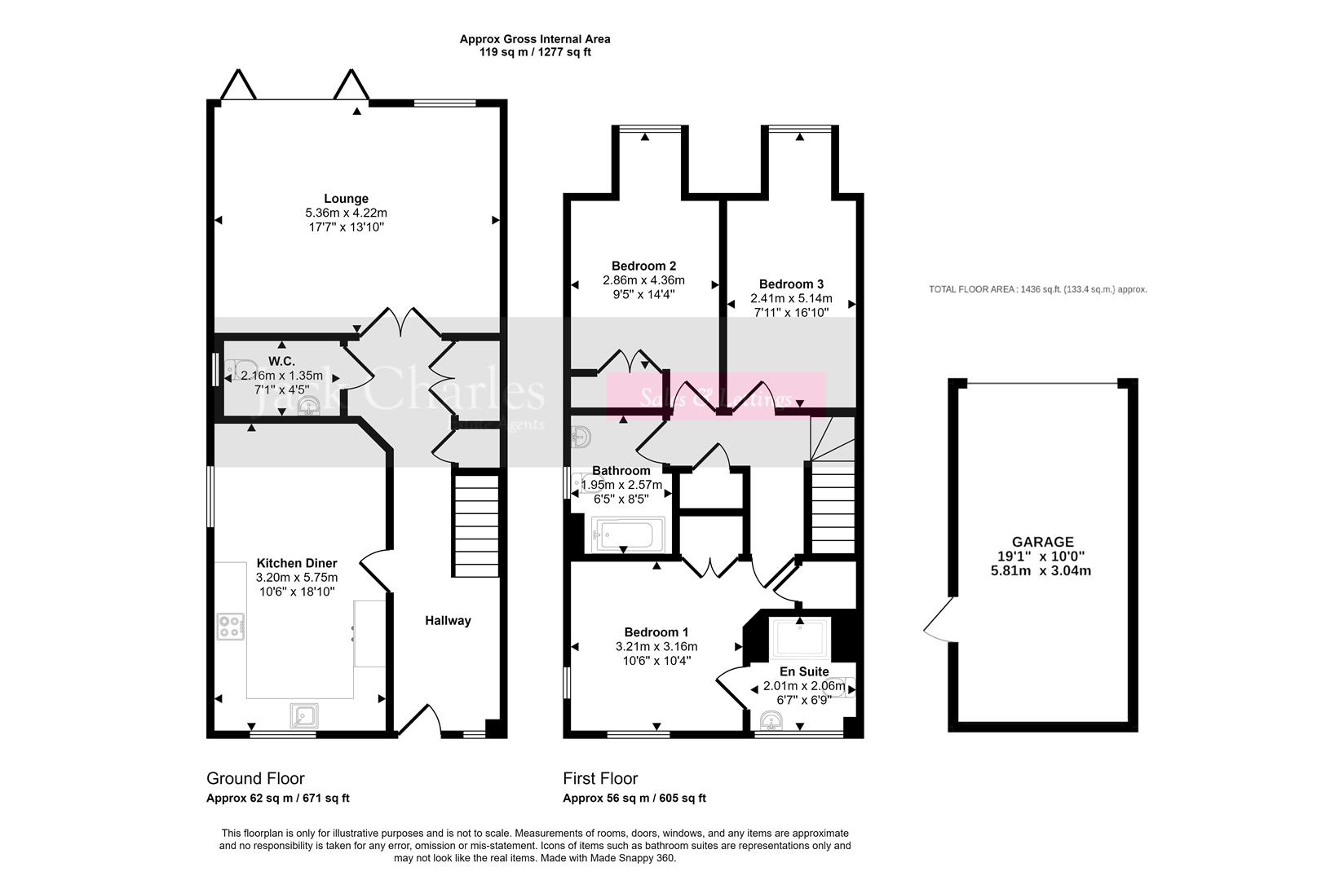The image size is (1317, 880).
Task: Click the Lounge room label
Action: click(x=346, y=199)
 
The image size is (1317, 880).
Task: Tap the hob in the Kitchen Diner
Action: click(x=231, y=626)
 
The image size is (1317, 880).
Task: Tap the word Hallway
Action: click(x=448, y=621)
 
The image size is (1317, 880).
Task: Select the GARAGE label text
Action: click(x=1042, y=542)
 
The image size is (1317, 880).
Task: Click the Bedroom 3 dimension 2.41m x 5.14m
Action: click(x=791, y=299)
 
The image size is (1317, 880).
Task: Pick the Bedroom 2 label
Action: click(x=643, y=266)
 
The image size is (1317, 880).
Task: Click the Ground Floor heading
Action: click(x=255, y=778)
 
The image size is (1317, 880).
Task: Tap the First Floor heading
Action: click(x=600, y=778)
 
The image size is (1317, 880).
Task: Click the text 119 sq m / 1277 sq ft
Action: click(x=535, y=52)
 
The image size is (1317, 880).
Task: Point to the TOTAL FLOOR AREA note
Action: click(x=1037, y=289)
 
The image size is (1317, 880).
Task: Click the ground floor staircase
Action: click(x=475, y=526)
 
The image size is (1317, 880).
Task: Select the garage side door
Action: click(x=937, y=619)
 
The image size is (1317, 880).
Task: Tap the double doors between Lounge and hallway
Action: click(x=400, y=324)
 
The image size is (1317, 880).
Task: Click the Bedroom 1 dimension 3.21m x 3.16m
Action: click(x=656, y=647)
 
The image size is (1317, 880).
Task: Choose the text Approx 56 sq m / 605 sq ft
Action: click(x=634, y=799)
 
